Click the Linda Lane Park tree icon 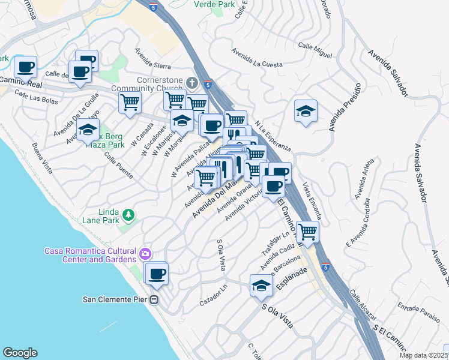click(128, 214)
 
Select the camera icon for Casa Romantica click(145, 254)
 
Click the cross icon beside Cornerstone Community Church click(192, 82)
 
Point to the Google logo click(20, 353)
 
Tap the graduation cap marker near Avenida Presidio click(306, 111)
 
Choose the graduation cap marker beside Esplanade click(262, 286)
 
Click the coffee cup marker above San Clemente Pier click(157, 273)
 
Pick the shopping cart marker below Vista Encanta click(307, 231)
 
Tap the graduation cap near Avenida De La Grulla click(88, 128)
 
